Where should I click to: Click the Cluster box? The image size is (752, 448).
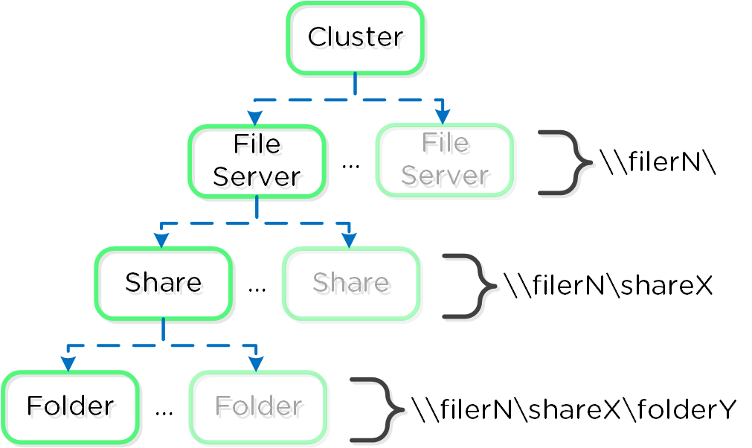tap(355, 38)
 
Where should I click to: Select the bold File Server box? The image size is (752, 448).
tap(257, 161)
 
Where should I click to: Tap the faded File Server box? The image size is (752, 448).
tap(445, 161)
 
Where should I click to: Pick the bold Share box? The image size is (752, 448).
tap(163, 284)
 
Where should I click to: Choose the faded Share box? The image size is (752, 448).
tap(351, 284)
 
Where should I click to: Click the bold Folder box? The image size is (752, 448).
tap(70, 406)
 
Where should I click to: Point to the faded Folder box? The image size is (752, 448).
tap(258, 406)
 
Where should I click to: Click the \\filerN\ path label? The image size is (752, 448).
tap(658, 161)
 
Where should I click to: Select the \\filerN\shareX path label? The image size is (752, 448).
tap(608, 285)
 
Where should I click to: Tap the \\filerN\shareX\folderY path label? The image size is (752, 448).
tap(573, 409)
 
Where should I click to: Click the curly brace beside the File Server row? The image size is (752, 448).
tap(565, 162)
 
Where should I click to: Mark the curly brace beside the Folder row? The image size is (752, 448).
tap(377, 409)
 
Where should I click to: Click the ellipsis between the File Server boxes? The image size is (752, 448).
tap(350, 164)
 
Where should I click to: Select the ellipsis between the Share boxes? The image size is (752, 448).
tap(257, 287)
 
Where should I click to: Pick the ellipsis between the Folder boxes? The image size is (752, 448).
tap(164, 410)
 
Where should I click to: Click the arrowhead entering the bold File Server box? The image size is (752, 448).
tap(255, 118)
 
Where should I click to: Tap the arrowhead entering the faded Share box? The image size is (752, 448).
tap(348, 241)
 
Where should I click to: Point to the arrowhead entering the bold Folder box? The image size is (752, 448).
tap(68, 364)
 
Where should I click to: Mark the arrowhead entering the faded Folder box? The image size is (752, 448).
tap(256, 364)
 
